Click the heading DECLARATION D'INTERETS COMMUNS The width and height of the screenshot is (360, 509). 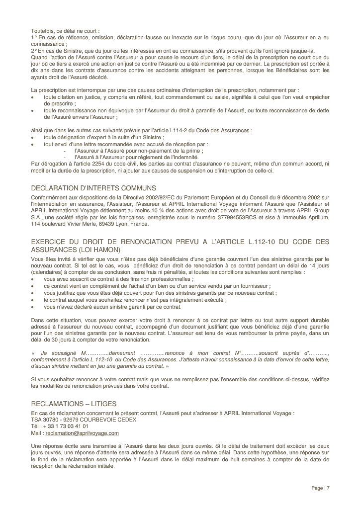93,188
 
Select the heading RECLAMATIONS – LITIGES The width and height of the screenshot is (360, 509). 74,404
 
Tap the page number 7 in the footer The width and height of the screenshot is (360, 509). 328,488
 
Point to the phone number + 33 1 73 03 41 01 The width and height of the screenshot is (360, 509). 64,426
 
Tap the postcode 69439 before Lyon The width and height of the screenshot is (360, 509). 103,224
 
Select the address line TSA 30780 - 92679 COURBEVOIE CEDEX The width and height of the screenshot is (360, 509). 84,420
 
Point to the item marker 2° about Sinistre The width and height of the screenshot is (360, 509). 34,51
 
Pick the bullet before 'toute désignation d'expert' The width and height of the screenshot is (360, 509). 33,138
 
